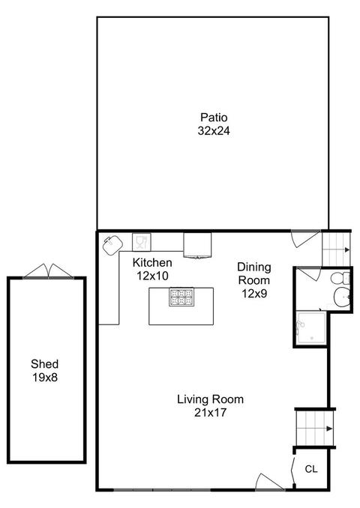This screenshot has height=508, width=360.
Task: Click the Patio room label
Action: (214, 117)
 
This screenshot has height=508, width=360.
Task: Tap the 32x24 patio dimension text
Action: (214, 130)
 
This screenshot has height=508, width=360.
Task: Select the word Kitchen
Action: (152, 262)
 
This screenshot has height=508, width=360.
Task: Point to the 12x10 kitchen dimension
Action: (152, 276)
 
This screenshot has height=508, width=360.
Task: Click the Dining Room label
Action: (254, 273)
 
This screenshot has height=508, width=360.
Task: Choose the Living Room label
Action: (210, 399)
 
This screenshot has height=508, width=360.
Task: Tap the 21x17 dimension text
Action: (210, 413)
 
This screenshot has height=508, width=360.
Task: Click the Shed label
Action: (45, 364)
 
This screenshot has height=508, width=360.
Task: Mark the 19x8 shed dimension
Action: (45, 378)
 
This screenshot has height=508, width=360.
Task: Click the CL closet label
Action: (311, 469)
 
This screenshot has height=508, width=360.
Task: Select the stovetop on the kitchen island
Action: (181, 297)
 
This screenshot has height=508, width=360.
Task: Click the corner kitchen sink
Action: (112, 245)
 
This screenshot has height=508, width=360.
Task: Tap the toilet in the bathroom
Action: (340, 278)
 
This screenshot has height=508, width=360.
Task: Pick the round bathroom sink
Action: (342, 296)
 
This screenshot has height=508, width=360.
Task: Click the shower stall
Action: (311, 327)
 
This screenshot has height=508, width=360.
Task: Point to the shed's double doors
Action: (48, 271)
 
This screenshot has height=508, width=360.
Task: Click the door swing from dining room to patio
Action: (305, 239)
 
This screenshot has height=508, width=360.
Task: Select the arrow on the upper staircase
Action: (346, 250)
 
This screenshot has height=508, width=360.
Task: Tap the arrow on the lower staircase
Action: (329, 429)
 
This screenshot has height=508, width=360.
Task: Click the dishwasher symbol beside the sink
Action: (142, 242)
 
